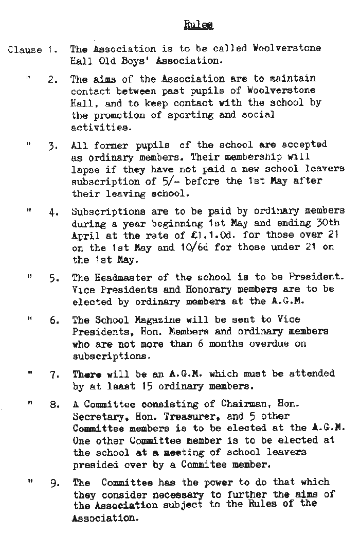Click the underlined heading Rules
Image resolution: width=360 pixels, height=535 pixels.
(x=199, y=24)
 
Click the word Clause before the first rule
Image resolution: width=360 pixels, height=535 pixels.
(x=25, y=50)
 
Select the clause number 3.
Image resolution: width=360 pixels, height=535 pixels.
(x=55, y=146)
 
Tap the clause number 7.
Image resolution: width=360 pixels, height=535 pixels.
(x=55, y=374)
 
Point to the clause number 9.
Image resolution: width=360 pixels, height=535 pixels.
(x=55, y=484)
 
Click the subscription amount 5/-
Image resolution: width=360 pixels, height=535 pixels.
(x=191, y=181)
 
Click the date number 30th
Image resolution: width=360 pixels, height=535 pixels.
(x=329, y=223)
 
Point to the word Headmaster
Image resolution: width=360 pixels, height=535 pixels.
(x=122, y=278)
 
